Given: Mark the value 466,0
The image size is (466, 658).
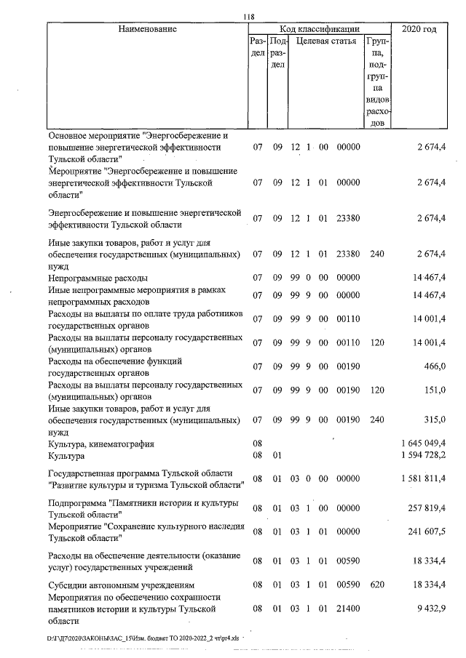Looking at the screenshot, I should point(434,366).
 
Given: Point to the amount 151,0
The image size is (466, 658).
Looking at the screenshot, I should point(434,390).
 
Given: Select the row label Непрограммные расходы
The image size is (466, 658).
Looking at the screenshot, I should point(98,278).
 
